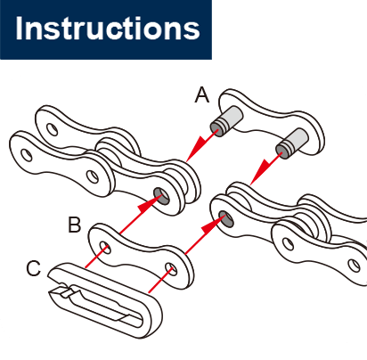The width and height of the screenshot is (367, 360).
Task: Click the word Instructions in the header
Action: click(x=108, y=29)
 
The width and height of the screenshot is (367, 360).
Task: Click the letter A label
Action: click(x=202, y=95)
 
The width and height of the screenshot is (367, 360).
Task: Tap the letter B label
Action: click(x=74, y=225)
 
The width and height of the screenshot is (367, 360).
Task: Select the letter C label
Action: click(x=34, y=268)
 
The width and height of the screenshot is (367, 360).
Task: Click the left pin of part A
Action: click(x=226, y=121)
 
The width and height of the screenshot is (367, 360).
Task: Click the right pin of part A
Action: click(x=292, y=143)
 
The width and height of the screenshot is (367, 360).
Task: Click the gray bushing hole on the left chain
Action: click(x=161, y=196)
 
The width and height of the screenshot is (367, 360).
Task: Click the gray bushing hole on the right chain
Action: click(x=226, y=218)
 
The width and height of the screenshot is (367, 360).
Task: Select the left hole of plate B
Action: click(x=105, y=248)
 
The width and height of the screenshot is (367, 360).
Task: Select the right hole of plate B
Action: click(x=171, y=269)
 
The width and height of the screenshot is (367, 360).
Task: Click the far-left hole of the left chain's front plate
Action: click(x=27, y=155)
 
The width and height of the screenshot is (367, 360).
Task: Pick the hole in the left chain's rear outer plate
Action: click(x=53, y=129)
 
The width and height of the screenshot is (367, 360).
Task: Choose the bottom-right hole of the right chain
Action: click(x=354, y=265)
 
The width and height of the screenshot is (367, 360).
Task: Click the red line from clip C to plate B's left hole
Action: click(x=95, y=258)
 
